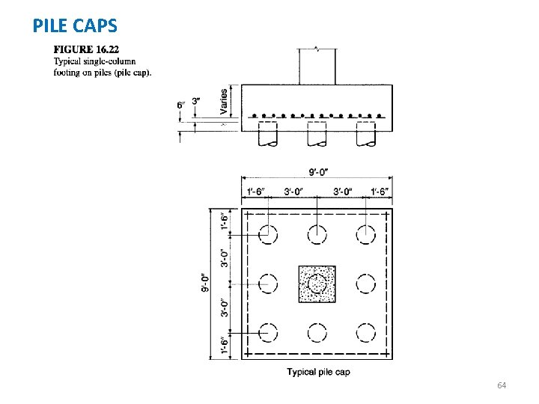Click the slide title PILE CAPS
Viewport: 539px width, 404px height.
75,26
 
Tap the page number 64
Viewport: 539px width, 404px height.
502,385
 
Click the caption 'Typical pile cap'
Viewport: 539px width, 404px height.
317,373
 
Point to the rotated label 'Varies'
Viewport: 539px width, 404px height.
224,102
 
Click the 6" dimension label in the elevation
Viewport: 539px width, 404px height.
180,105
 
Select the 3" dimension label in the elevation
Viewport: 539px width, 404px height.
196,101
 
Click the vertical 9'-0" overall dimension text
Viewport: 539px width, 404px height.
205,284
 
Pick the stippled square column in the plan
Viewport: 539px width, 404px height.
317,284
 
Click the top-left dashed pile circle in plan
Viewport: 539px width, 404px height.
267,233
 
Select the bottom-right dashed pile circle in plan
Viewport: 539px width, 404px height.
366,332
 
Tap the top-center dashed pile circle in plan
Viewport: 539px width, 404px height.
317,233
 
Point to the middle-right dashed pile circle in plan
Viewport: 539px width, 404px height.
366,284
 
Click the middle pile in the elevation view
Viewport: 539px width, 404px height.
317,135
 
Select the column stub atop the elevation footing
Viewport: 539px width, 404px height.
317,66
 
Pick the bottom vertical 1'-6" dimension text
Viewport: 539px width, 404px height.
225,347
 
